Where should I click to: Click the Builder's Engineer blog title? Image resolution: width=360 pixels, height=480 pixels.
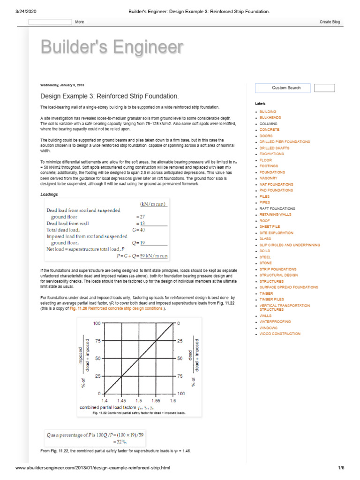pos(112,47)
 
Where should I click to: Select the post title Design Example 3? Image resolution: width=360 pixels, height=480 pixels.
pos(109,96)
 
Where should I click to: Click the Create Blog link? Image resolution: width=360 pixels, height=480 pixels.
pos(330,22)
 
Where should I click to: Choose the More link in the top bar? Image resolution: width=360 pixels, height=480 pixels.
pos(79,22)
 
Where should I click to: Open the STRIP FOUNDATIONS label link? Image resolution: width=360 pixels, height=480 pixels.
pos(277,270)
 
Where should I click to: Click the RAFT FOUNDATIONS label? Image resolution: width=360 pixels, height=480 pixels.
pos(277,209)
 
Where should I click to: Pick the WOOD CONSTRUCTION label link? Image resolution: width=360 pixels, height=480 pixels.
pos(280,334)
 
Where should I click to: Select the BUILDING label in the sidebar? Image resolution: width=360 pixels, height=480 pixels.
pos(268,112)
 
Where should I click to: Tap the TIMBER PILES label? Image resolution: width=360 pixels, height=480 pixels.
pos(271,299)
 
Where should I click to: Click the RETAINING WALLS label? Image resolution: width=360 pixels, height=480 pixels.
pos(275,214)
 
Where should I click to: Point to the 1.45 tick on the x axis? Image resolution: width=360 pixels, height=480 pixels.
pos(121,401)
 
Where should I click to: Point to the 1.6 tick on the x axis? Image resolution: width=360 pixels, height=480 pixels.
pos(172,401)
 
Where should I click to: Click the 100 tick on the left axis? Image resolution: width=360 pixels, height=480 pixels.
pos(97,323)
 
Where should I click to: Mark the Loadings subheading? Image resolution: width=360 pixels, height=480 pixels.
pos(49,194)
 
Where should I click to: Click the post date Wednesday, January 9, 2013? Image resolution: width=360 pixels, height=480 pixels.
pos(62,85)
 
